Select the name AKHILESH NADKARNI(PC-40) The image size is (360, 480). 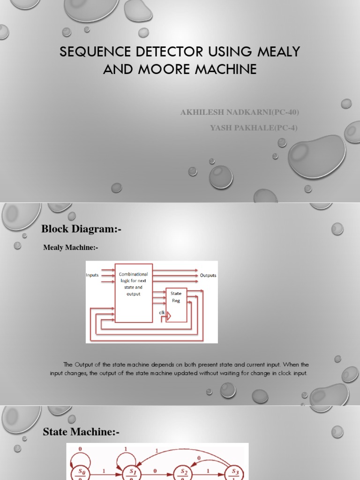(x=240, y=112)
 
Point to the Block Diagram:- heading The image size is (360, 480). (x=82, y=229)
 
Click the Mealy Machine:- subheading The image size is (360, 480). (x=71, y=247)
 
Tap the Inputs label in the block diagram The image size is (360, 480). (x=92, y=275)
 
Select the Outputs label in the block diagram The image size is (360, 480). (x=208, y=275)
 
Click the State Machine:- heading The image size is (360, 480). (x=81, y=432)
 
